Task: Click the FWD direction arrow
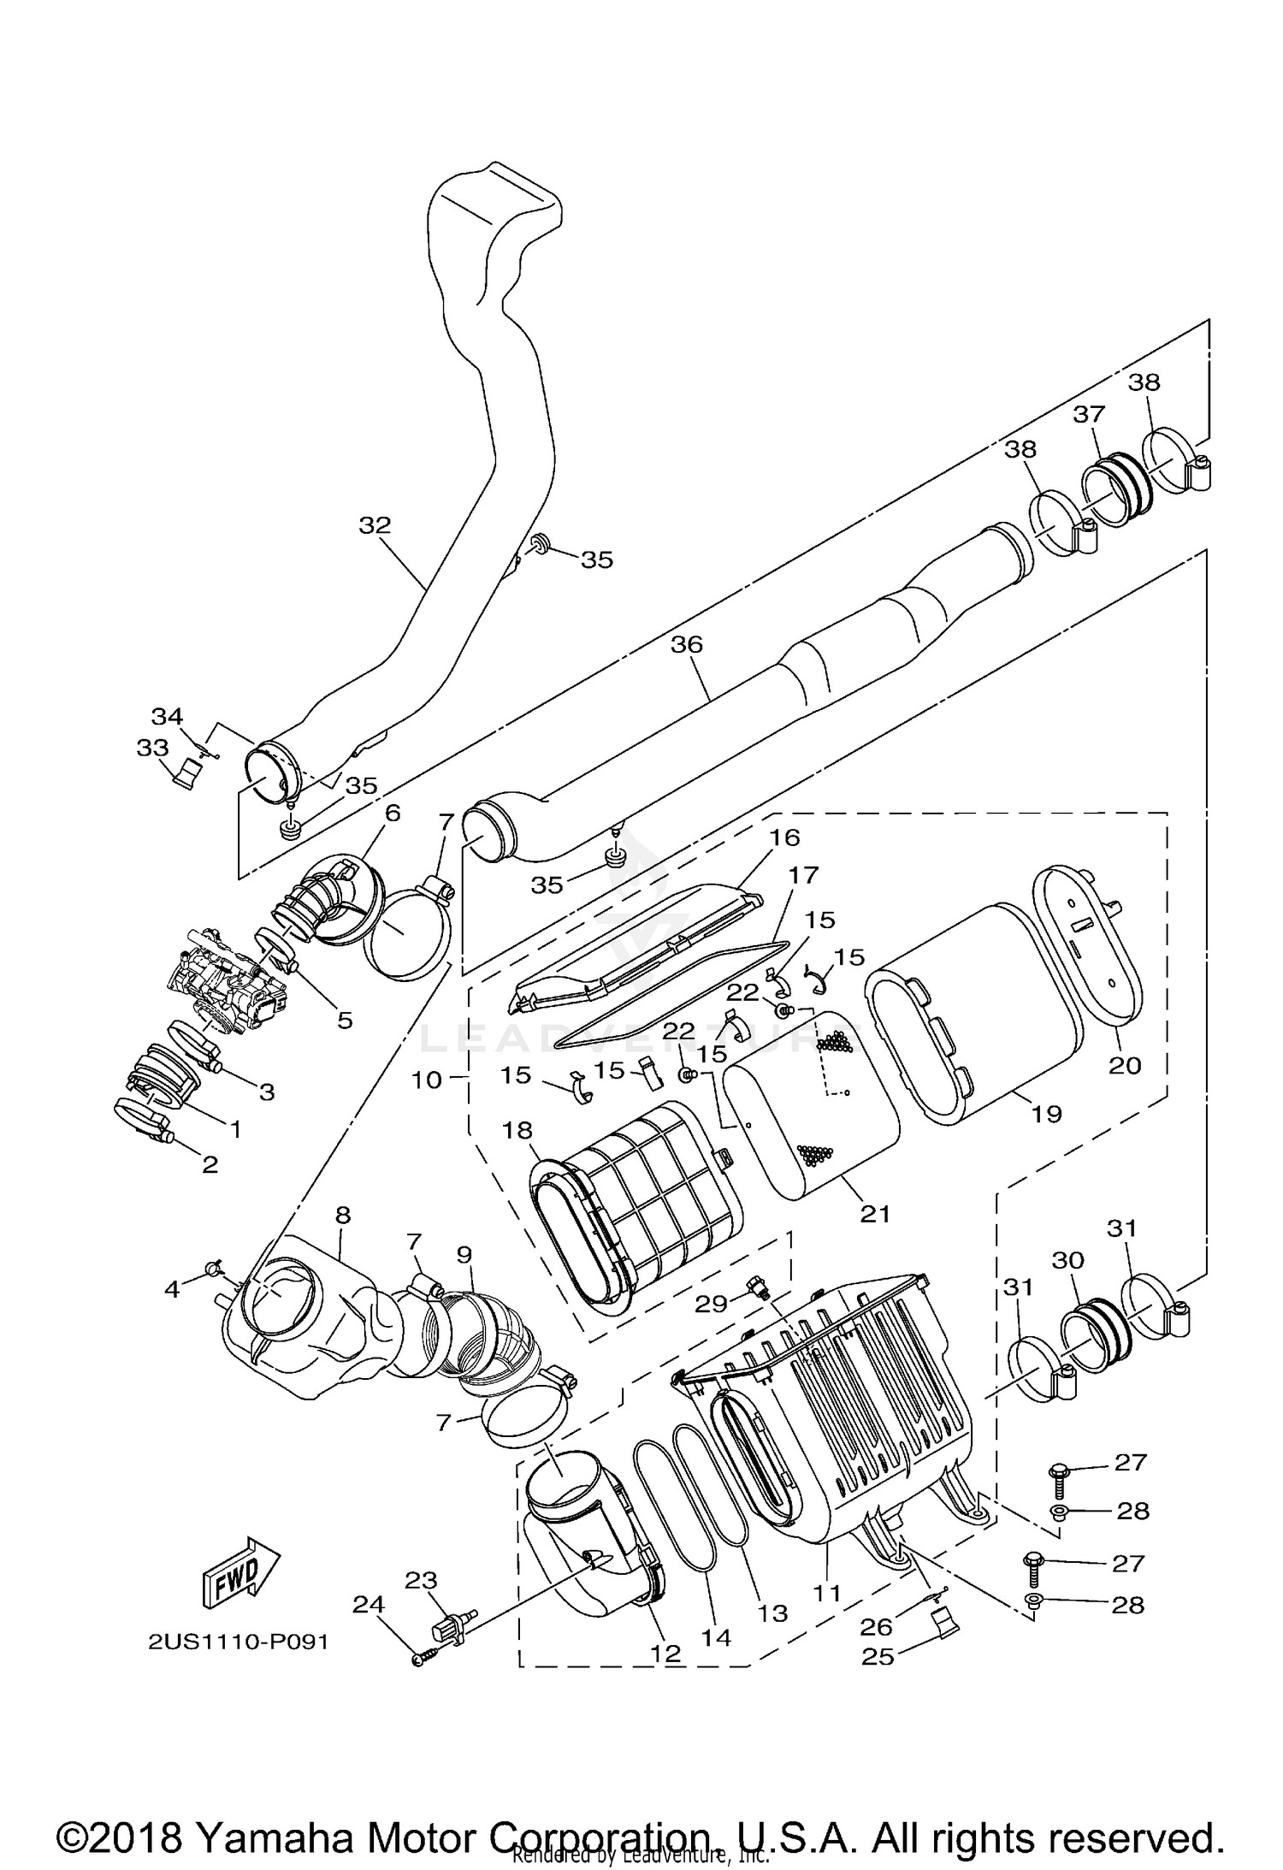tap(241, 1572)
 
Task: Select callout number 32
tap(374, 525)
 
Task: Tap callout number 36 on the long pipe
tap(686, 644)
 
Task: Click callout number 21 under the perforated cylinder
tap(875, 1214)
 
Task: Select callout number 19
tap(1046, 1113)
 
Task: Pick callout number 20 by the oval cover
tap(1125, 1065)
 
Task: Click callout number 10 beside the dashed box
tap(427, 1080)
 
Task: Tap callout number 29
tap(711, 1303)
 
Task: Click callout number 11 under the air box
tap(827, 1594)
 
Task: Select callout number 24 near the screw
tap(368, 1606)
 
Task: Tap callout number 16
tap(783, 837)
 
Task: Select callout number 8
tap(342, 1215)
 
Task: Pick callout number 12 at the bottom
tap(665, 1654)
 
